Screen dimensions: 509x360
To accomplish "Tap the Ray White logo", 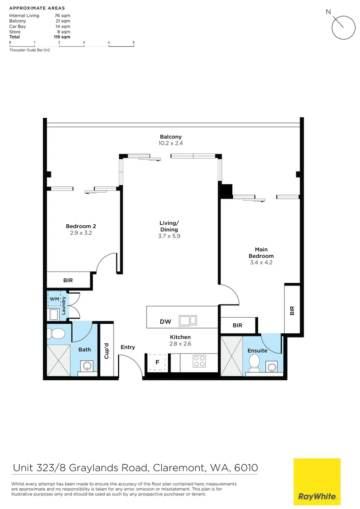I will [x=317, y=482].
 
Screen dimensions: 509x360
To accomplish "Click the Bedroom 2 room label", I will [x=78, y=226].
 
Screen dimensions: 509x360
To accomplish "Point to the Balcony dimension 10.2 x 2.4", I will [x=171, y=143].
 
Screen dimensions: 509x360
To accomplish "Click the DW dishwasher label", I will [x=165, y=322].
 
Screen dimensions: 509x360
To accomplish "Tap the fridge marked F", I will [x=157, y=362].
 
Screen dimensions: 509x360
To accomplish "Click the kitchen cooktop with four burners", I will [x=200, y=361].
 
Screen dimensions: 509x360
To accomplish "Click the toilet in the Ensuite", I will [x=254, y=362].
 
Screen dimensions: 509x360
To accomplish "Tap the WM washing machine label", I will [x=54, y=299].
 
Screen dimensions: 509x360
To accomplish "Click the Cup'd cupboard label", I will [x=107, y=350].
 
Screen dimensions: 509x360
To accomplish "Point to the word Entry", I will [x=128, y=347].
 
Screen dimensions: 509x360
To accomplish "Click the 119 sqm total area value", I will [x=62, y=37].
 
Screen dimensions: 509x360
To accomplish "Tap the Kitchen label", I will [x=180, y=337].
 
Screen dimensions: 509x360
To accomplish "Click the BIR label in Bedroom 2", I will [x=68, y=280].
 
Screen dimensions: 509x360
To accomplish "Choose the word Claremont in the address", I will [x=177, y=468].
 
